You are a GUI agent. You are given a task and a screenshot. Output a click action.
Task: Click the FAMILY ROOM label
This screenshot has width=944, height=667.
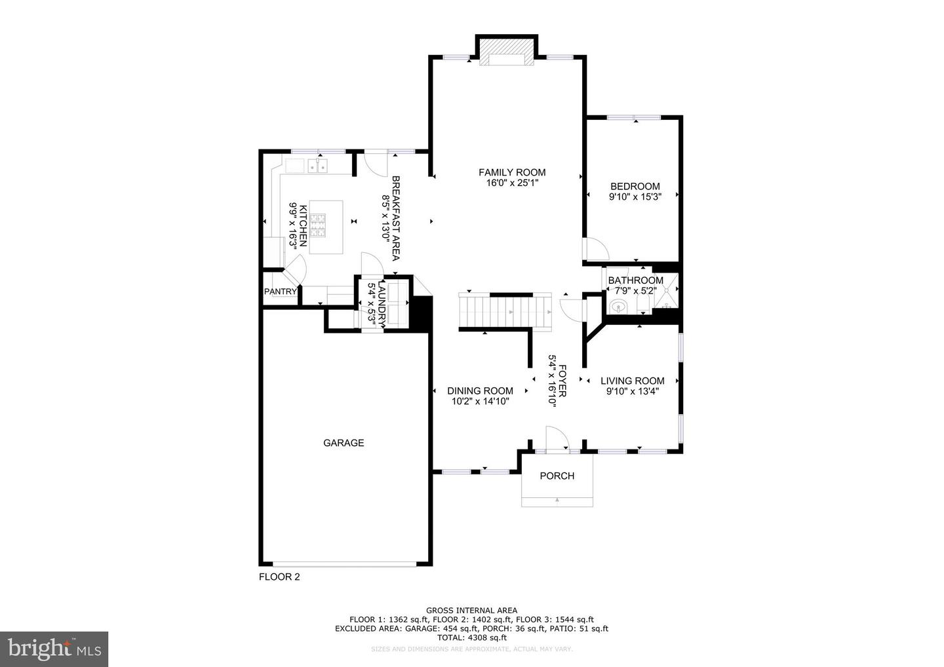[511, 172]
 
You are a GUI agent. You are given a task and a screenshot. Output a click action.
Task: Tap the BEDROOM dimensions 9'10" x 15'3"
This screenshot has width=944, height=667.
[634, 197]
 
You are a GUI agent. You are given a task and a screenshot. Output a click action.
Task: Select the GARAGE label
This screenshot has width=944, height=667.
[344, 443]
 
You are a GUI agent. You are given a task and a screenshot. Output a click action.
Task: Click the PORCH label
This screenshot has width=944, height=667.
[557, 476]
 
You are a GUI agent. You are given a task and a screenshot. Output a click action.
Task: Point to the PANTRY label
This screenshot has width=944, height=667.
[280, 292]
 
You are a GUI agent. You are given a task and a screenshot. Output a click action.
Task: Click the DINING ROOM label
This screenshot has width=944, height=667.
[480, 391]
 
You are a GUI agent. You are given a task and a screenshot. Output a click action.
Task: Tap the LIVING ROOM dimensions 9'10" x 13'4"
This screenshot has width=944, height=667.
[632, 391]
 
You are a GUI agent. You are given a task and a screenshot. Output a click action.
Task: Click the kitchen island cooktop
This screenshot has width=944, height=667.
[318, 226]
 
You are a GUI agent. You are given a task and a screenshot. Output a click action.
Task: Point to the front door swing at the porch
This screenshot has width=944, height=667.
[557, 438]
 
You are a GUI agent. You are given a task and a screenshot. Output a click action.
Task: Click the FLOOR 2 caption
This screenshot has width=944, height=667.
[279, 577]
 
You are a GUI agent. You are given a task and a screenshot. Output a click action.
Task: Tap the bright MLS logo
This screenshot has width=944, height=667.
[54, 649]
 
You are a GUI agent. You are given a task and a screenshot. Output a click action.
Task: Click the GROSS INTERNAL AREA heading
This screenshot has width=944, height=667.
[471, 610]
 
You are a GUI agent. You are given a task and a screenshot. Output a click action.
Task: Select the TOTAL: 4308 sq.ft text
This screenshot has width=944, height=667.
[471, 638]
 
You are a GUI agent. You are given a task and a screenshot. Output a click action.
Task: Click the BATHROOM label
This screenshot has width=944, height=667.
[635, 280]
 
